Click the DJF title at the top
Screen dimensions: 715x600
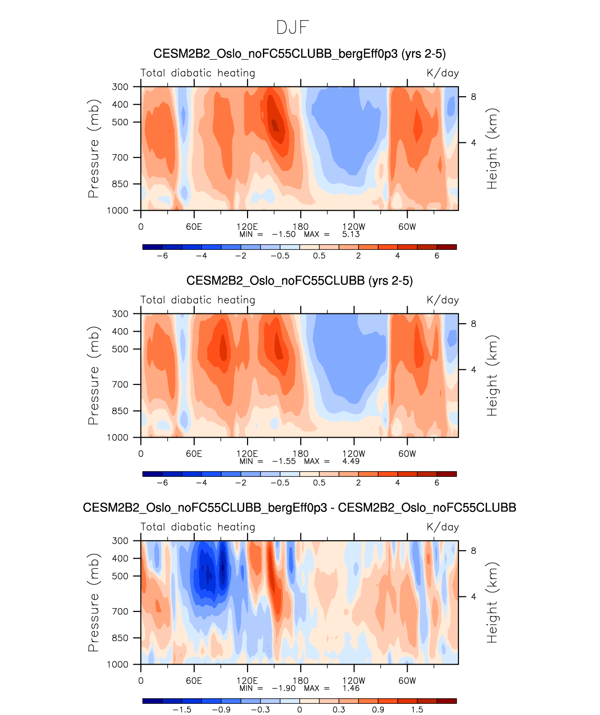293,28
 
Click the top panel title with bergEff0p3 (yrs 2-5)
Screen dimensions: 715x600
299,54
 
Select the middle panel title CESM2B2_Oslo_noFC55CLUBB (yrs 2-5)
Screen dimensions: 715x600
299,281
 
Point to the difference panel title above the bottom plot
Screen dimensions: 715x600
299,508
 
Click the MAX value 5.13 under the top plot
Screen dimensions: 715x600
351,234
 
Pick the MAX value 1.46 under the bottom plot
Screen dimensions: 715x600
351,688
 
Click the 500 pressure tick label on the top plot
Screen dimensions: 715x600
120,122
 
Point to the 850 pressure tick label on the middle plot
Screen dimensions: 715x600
120,411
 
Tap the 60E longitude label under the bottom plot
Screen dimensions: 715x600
194,681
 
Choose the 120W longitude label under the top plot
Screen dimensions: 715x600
354,227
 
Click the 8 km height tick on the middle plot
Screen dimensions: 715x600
473,324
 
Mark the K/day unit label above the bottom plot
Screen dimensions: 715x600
443,527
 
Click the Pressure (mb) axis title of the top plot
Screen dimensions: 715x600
93,149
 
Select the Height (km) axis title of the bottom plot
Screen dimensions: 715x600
492,602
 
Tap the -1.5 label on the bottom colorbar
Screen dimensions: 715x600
182,710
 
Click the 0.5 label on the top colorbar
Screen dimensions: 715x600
319,256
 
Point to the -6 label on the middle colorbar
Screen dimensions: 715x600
162,483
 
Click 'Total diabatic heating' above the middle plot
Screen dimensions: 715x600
198,300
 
